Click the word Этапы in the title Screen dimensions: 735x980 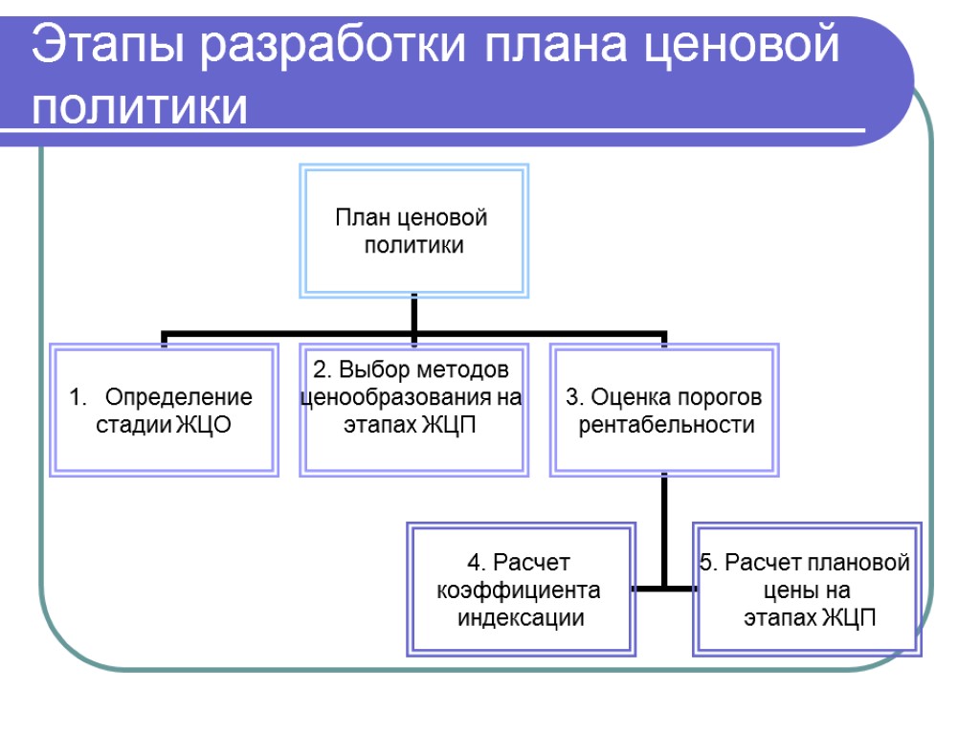click(107, 46)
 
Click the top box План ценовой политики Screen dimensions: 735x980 click(413, 231)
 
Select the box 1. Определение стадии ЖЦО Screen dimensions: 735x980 click(165, 411)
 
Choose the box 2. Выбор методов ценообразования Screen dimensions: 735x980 click(413, 411)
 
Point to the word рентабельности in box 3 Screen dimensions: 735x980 click(666, 425)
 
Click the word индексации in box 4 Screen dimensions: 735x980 click(521, 617)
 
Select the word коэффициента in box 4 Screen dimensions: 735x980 click(518, 590)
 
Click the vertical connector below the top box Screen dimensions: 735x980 click(413, 314)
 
